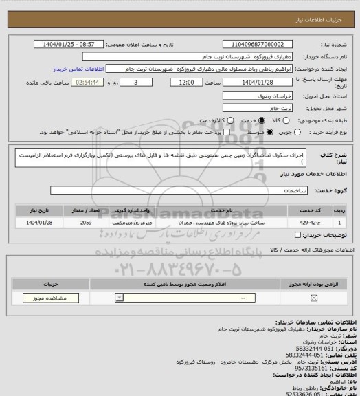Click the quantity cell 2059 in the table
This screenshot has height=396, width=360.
[86, 223]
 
